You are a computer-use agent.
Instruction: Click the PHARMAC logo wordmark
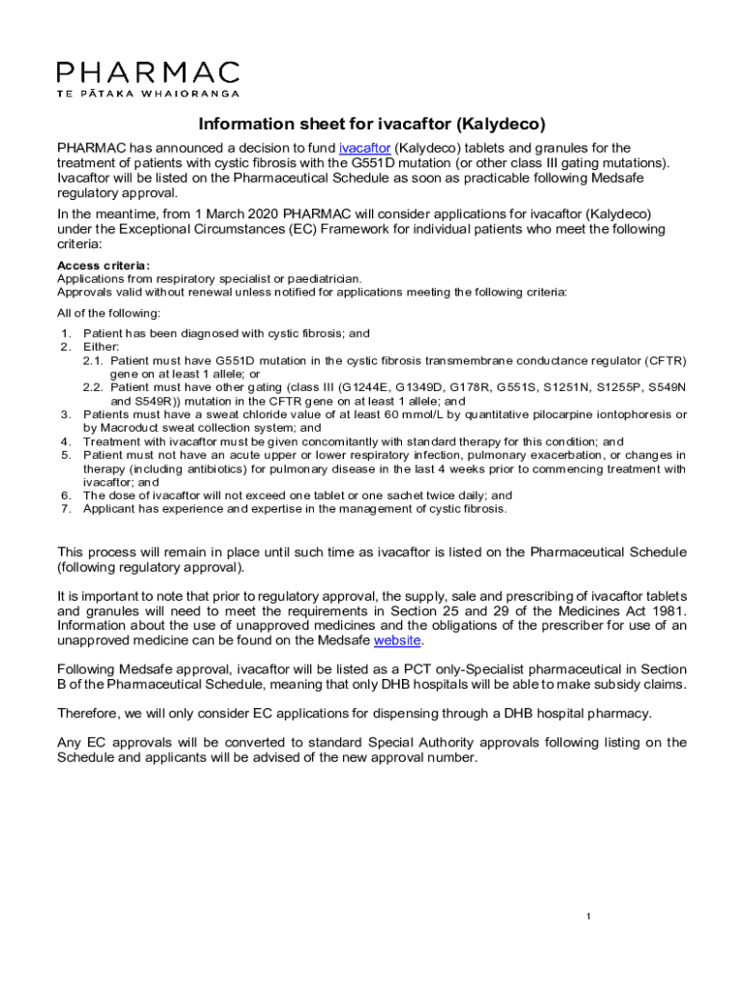point(148,72)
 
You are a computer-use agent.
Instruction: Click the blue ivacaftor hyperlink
point(364,148)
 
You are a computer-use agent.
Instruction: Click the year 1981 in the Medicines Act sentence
point(667,611)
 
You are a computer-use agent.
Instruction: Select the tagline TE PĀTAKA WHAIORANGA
point(148,93)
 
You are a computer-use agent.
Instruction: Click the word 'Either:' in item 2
point(101,347)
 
